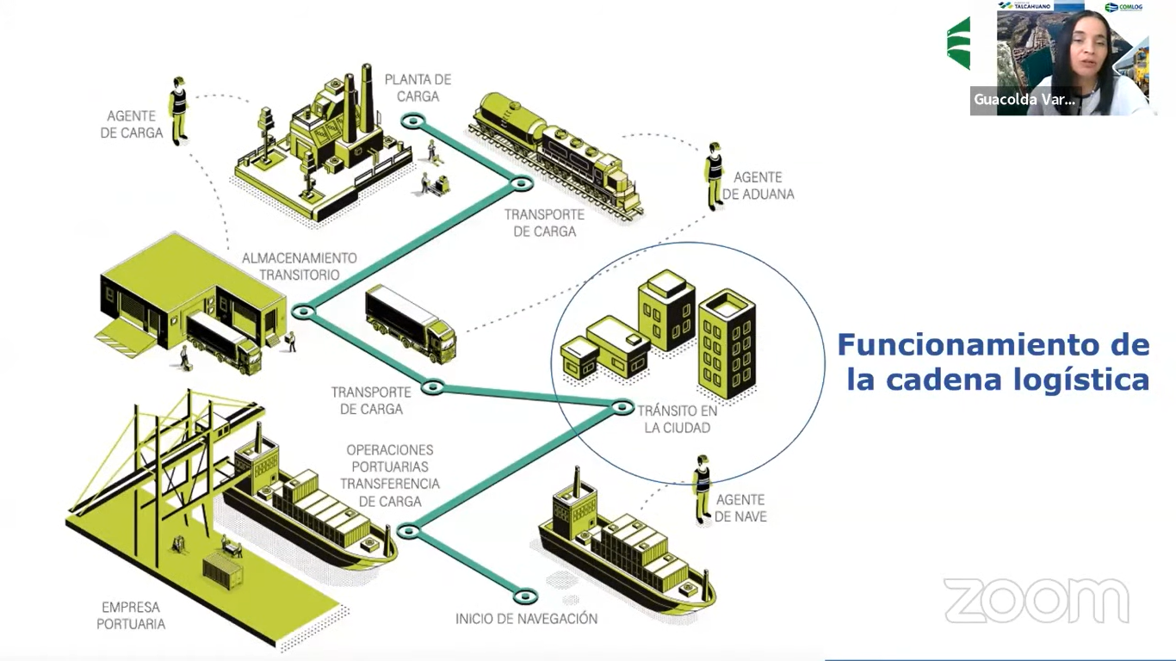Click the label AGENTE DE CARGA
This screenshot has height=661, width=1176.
pyautogui.click(x=132, y=124)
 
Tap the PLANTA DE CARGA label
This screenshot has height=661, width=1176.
pyautogui.click(x=418, y=88)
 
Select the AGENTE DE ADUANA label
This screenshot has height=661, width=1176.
pyautogui.click(x=758, y=186)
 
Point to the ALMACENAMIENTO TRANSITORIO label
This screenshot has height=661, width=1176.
pyautogui.click(x=299, y=266)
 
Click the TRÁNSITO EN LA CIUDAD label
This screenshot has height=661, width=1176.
pyautogui.click(x=678, y=419)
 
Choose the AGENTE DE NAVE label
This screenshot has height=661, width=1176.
pyautogui.click(x=740, y=508)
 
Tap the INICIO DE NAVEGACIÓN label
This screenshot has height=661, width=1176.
pyautogui.click(x=526, y=619)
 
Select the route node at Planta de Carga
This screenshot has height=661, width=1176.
pyautogui.click(x=413, y=121)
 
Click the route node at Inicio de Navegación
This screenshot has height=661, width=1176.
pyautogui.click(x=524, y=596)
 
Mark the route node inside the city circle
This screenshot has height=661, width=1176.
pyautogui.click(x=622, y=406)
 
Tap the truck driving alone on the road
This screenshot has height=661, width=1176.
pyautogui.click(x=411, y=323)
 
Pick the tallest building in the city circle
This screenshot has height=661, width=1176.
pyautogui.click(x=727, y=344)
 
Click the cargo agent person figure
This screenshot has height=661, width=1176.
pyautogui.click(x=178, y=109)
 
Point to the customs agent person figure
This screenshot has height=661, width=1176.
pyautogui.click(x=714, y=176)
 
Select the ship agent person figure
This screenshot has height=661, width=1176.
pyautogui.click(x=703, y=488)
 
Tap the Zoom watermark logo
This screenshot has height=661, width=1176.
pyautogui.click(x=1037, y=600)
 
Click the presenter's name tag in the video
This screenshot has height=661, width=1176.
pyautogui.click(x=1024, y=100)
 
